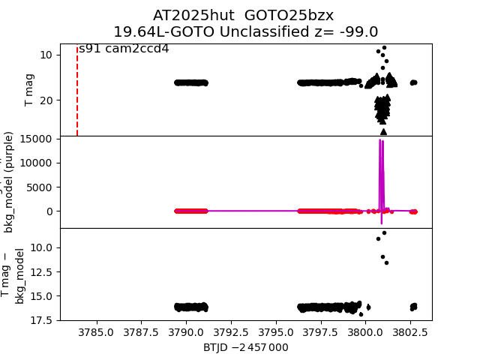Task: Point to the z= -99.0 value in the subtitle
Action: (x=346, y=31)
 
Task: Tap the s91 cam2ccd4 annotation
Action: (x=124, y=49)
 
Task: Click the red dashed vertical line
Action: (x=77, y=90)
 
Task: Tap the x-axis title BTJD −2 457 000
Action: (x=245, y=347)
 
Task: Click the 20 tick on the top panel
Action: (x=45, y=100)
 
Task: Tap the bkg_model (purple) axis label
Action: (x=9, y=182)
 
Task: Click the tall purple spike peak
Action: (x=381, y=141)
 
